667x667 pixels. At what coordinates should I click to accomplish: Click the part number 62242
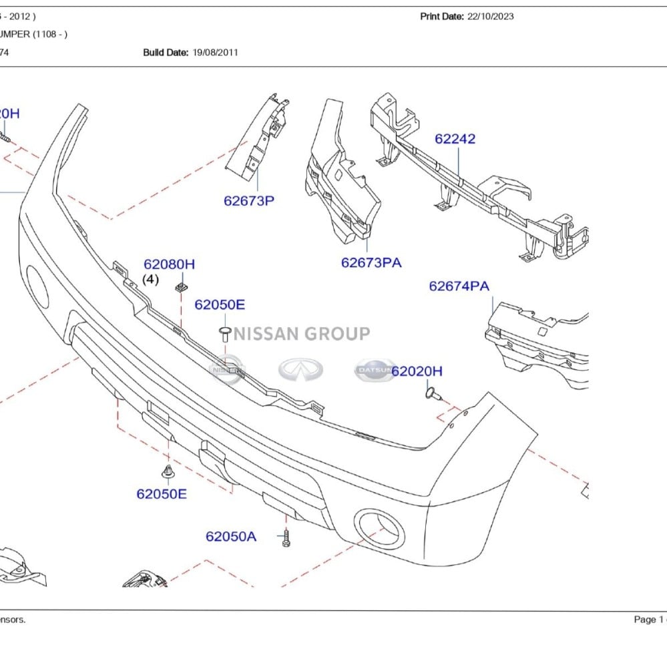[x=455, y=139]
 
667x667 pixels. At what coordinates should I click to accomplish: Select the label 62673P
[x=249, y=200]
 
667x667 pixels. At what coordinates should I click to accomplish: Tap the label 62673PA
[x=371, y=262]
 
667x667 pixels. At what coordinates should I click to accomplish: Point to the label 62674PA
[x=459, y=286]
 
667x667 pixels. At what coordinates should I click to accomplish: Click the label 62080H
[x=169, y=264]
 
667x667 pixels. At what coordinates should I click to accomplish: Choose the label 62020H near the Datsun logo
[x=417, y=371]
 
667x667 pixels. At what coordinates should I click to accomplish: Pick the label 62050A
[x=230, y=536]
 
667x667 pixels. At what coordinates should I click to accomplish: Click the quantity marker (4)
[x=151, y=279]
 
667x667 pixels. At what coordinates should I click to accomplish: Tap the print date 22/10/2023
[x=490, y=17]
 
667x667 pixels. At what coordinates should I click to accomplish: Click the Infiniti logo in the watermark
[x=300, y=369]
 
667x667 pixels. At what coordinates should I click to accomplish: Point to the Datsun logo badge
[x=375, y=370]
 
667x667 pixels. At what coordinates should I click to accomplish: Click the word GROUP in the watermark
[x=337, y=333]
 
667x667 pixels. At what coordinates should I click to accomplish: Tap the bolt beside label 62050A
[x=286, y=537]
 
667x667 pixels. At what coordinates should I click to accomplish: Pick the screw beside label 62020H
[x=432, y=393]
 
